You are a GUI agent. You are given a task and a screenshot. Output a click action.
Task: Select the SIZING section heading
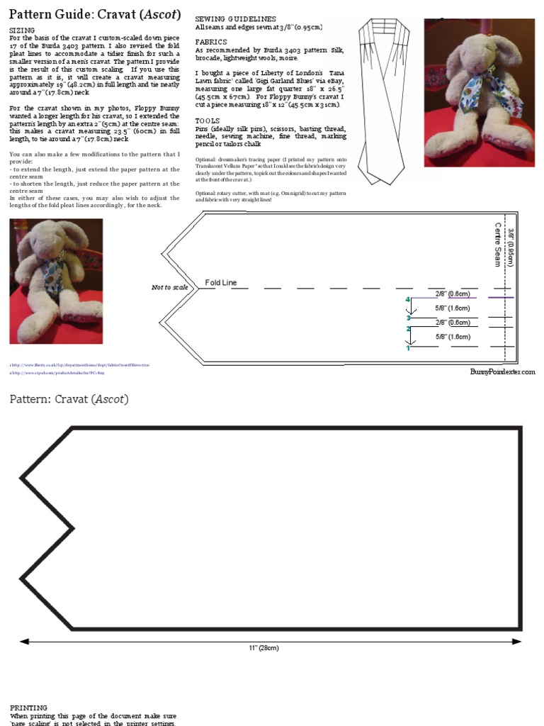pyautogui.click(x=21, y=31)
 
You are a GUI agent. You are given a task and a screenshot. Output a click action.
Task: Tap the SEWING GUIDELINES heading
pyautogui.click(x=235, y=18)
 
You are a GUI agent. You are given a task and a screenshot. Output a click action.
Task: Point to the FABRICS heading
pyautogui.click(x=211, y=43)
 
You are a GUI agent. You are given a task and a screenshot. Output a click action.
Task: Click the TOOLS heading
pyautogui.click(x=207, y=121)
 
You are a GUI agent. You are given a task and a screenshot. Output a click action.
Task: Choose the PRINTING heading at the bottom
pyautogui.click(x=28, y=708)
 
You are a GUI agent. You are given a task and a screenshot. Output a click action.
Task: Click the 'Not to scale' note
pyautogui.click(x=170, y=287)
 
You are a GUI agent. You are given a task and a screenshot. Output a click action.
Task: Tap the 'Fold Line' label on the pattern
pyautogui.click(x=221, y=283)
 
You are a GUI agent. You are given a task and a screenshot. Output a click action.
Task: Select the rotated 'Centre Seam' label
pyautogui.click(x=498, y=245)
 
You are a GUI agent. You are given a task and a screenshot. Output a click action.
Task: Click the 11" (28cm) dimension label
pyautogui.click(x=263, y=648)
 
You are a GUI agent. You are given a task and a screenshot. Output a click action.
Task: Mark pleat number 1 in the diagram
pyautogui.click(x=408, y=348)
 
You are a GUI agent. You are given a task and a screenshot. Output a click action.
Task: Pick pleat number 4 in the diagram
pyautogui.click(x=408, y=300)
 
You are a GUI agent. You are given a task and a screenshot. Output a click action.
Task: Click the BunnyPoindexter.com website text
pyautogui.click(x=502, y=372)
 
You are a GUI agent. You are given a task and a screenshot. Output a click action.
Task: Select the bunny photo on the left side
pyautogui.click(x=56, y=281)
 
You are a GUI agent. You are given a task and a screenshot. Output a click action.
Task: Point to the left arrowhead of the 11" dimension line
pyautogui.click(x=24, y=641)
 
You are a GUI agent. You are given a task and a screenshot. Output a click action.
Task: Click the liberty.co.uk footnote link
pyautogui.click(x=79, y=365)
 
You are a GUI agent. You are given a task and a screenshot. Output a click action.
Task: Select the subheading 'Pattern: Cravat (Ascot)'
pyautogui.click(x=69, y=399)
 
